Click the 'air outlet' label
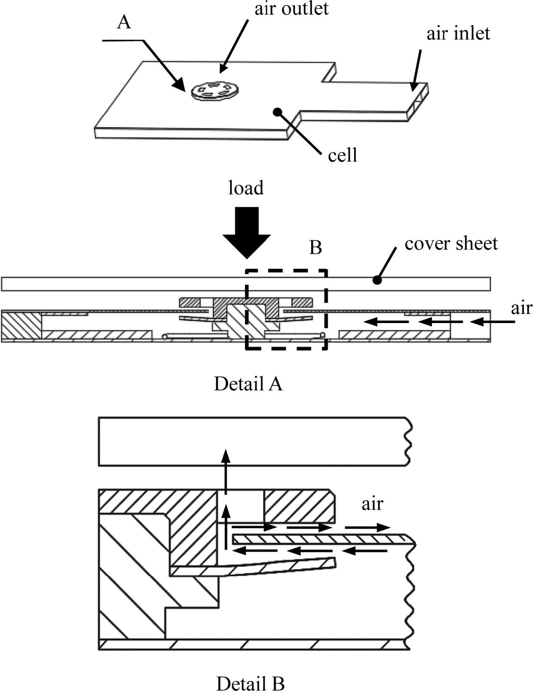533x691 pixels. tap(292, 9)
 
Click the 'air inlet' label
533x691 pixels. tap(458, 34)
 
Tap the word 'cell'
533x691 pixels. tap(342, 155)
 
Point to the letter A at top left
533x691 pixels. tap(124, 21)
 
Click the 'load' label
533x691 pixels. tap(246, 188)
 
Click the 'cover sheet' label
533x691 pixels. tap(451, 243)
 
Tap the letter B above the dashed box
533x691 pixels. tap(315, 247)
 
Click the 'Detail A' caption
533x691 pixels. tap(248, 384)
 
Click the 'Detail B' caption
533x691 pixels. tap(250, 683)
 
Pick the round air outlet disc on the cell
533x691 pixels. tap(214, 90)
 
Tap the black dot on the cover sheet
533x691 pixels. tap(378, 280)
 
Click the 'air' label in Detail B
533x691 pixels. tap(372, 504)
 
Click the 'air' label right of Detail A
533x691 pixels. tap(521, 308)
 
